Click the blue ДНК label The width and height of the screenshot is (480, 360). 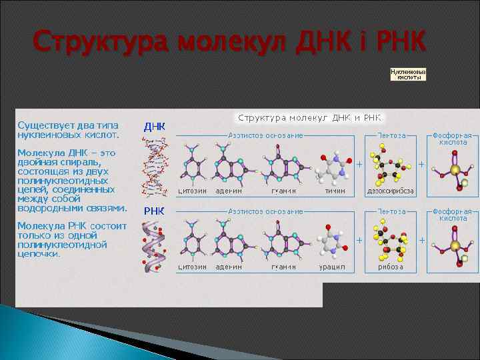pyautogui.click(x=155, y=127)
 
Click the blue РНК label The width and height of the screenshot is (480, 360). pyautogui.click(x=155, y=211)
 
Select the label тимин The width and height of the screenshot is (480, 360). pyautogui.click(x=335, y=191)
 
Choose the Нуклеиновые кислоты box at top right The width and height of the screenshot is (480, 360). pyautogui.click(x=407, y=73)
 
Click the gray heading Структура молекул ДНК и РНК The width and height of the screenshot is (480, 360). pyautogui.click(x=309, y=118)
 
